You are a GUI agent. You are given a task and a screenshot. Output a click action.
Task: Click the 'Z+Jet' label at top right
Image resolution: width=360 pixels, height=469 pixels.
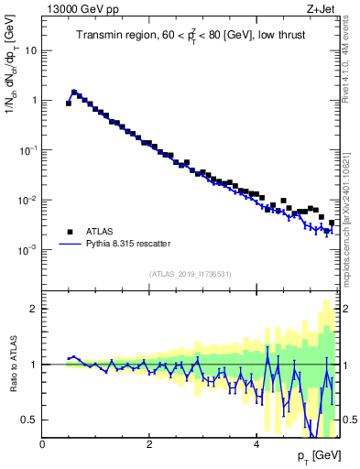click(x=321, y=8)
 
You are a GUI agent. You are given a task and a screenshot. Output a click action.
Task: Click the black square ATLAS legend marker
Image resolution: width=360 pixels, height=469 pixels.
click(x=69, y=232)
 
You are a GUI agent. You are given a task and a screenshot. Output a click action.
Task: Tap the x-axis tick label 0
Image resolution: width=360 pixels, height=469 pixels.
click(x=43, y=444)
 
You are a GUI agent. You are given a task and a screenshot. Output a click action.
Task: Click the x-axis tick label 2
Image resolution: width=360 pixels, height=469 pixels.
click(x=149, y=444)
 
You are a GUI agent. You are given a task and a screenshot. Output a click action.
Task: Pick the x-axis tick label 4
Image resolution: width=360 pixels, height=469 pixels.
click(x=256, y=444)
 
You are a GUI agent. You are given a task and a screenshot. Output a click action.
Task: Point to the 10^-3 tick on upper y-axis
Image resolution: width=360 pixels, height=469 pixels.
click(x=27, y=249)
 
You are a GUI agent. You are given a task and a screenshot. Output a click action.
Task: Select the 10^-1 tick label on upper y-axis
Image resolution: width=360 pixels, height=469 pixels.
click(x=27, y=149)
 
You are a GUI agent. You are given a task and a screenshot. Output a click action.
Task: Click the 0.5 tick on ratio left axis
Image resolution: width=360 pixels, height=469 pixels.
click(x=30, y=420)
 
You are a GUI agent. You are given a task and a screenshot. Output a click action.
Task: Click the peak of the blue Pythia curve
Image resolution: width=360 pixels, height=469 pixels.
click(x=74, y=92)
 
